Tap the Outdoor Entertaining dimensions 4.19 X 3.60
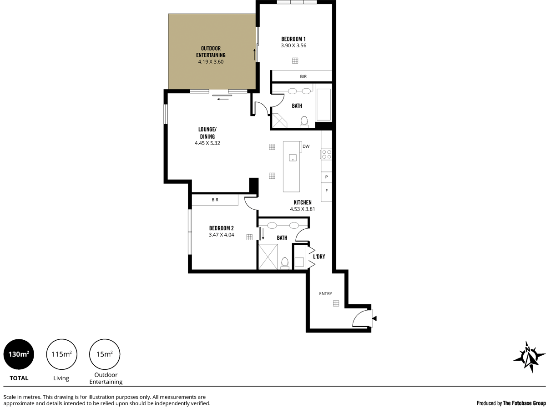(211, 62)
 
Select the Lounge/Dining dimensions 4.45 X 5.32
(207, 143)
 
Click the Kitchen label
(303, 202)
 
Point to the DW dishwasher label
(306, 146)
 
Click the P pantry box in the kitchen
(326, 177)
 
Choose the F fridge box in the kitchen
(326, 191)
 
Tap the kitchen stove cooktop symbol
(326, 154)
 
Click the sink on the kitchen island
(293, 158)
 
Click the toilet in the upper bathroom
(304, 121)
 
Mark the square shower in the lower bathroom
(268, 256)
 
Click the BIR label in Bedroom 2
(215, 200)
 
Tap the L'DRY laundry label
(319, 257)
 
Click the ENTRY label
(325, 293)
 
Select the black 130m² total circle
(19, 354)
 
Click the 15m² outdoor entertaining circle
(106, 354)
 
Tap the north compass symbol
(529, 357)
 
